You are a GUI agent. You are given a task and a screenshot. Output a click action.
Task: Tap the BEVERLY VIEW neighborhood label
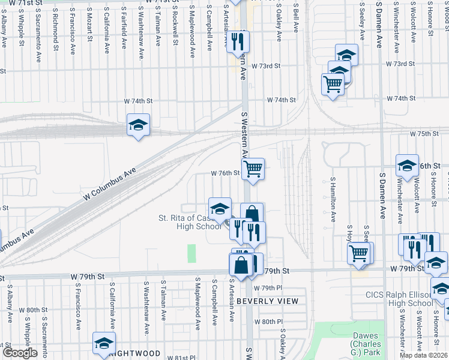tap(267, 300)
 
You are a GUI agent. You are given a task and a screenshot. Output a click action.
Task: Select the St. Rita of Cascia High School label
tap(190, 222)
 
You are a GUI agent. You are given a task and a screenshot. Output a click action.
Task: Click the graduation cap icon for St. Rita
tap(220, 208)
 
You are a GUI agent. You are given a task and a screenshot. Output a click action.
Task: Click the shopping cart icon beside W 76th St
tap(253, 169)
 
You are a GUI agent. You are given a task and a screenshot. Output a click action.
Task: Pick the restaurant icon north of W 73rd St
tap(238, 41)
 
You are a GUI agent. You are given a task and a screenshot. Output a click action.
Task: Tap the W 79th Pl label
tap(271, 288)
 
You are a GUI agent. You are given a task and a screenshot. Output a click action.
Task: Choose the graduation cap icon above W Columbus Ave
tap(138, 125)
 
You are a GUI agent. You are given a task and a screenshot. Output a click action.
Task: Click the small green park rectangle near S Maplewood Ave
tap(192, 253)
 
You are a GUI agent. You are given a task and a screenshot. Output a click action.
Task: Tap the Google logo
tap(20, 353)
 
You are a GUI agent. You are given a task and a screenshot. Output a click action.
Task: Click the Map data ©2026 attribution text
tap(424, 355)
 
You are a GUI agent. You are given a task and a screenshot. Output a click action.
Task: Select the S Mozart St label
tap(88, 25)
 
